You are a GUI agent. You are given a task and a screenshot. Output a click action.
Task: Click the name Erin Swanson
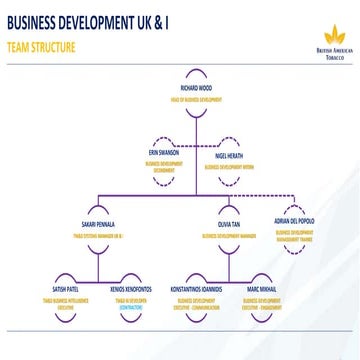point(161,152)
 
